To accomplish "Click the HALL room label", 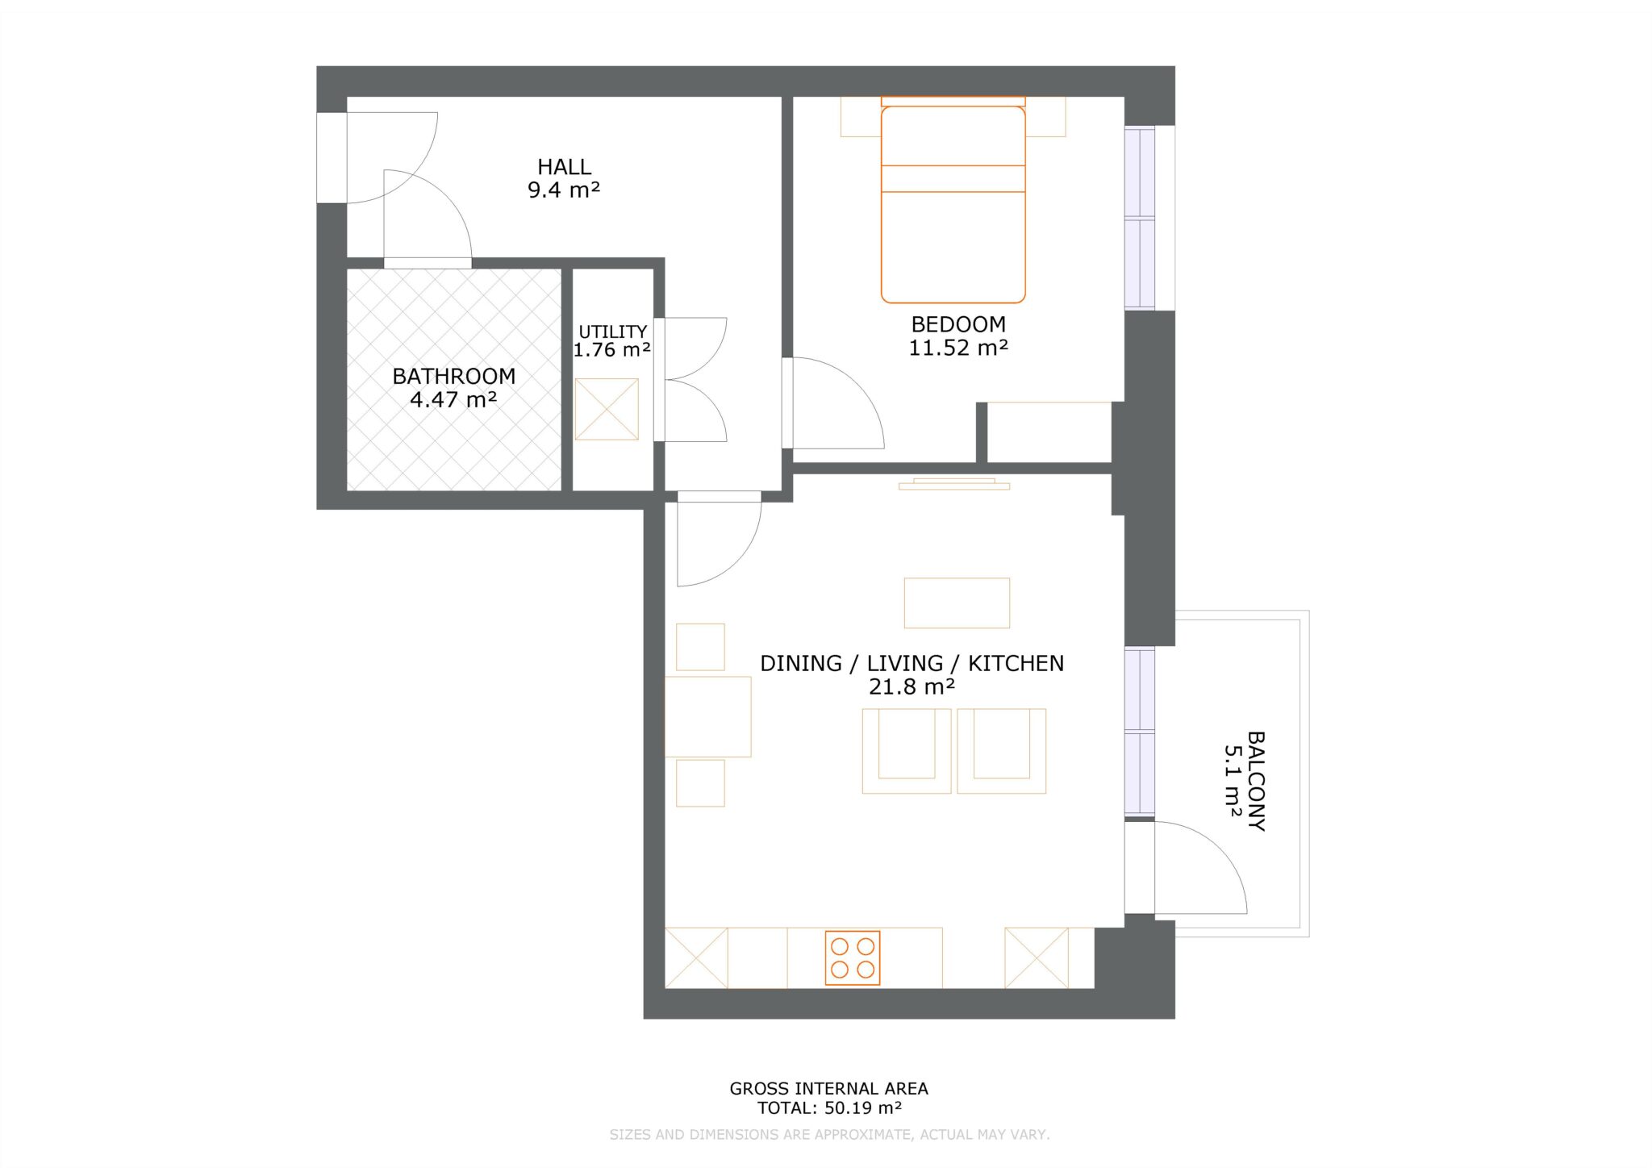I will click(x=564, y=167).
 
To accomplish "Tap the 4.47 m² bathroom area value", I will click(x=453, y=399).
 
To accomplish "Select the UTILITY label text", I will click(x=612, y=332).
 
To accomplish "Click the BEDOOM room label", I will click(x=958, y=324).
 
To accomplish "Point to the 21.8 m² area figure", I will click(x=912, y=686).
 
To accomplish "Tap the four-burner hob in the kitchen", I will click(x=852, y=957).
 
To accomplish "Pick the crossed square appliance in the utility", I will click(x=607, y=409).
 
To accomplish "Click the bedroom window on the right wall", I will click(x=1140, y=218).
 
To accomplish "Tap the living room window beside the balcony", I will click(x=1140, y=731).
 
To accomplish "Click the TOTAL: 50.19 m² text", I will click(x=828, y=1108).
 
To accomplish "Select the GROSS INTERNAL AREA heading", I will click(x=828, y=1088).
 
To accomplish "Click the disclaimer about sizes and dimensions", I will click(x=828, y=1135).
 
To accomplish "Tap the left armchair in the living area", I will click(x=906, y=750).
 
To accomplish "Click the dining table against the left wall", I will click(x=707, y=716).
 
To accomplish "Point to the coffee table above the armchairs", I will click(x=957, y=603).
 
